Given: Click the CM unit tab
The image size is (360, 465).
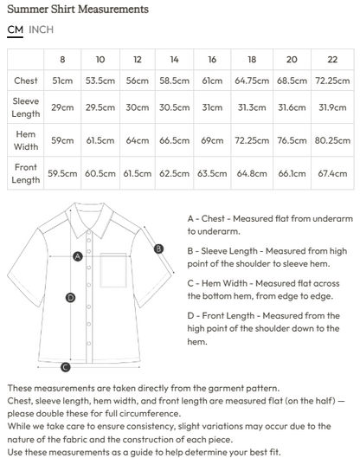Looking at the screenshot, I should pyautogui.click(x=15, y=29).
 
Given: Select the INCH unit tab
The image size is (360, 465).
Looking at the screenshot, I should pyautogui.click(x=41, y=29).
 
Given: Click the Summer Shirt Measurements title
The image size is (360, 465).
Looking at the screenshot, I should pyautogui.click(x=77, y=9).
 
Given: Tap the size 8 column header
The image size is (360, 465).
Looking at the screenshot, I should pyautogui.click(x=62, y=59).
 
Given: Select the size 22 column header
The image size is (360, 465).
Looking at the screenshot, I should pyautogui.click(x=332, y=59).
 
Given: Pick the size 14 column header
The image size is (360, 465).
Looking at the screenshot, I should pyautogui.click(x=174, y=59).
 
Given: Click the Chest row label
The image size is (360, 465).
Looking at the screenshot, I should pyautogui.click(x=26, y=81).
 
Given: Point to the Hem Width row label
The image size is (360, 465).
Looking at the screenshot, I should pyautogui.click(x=26, y=139).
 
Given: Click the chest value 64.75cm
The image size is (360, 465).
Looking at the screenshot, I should pyautogui.click(x=252, y=81).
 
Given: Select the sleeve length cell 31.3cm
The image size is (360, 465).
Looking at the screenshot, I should pyautogui.click(x=252, y=107).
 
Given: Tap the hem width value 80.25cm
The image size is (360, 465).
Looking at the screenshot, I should pyautogui.click(x=332, y=139).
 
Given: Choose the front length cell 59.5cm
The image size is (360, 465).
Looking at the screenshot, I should pyautogui.click(x=62, y=173).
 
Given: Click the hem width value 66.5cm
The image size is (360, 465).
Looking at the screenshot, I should pyautogui.click(x=174, y=139).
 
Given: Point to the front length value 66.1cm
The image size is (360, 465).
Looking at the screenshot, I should pyautogui.click(x=292, y=173).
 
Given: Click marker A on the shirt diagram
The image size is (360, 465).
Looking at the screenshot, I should pyautogui.click(x=78, y=256).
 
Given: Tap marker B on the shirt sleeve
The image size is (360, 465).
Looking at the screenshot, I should pyautogui.click(x=158, y=249).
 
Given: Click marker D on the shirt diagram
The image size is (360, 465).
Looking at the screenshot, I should pyautogui.click(x=70, y=297).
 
